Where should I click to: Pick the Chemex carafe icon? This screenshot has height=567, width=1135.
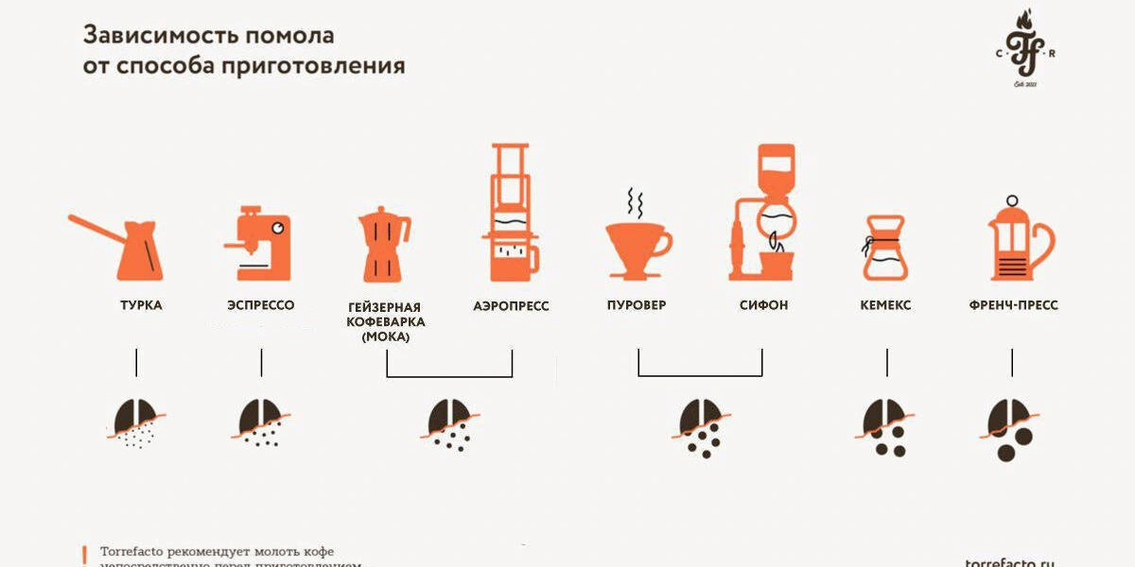[x=885, y=248]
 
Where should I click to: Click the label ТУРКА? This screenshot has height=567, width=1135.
[x=140, y=305]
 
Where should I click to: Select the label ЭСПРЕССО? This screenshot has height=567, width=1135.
[x=261, y=305]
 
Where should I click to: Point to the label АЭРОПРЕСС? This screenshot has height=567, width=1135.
[x=511, y=306]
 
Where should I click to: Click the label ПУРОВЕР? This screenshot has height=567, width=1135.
[x=637, y=305]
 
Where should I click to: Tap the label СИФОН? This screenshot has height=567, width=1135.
[x=763, y=305]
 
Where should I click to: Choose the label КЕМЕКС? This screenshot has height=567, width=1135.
[x=885, y=305]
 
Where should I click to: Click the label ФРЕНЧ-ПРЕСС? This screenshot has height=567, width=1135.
[x=1013, y=305]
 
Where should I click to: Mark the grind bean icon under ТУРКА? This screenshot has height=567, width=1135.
[x=135, y=421]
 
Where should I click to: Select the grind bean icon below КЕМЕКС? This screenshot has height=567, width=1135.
[x=885, y=426]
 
